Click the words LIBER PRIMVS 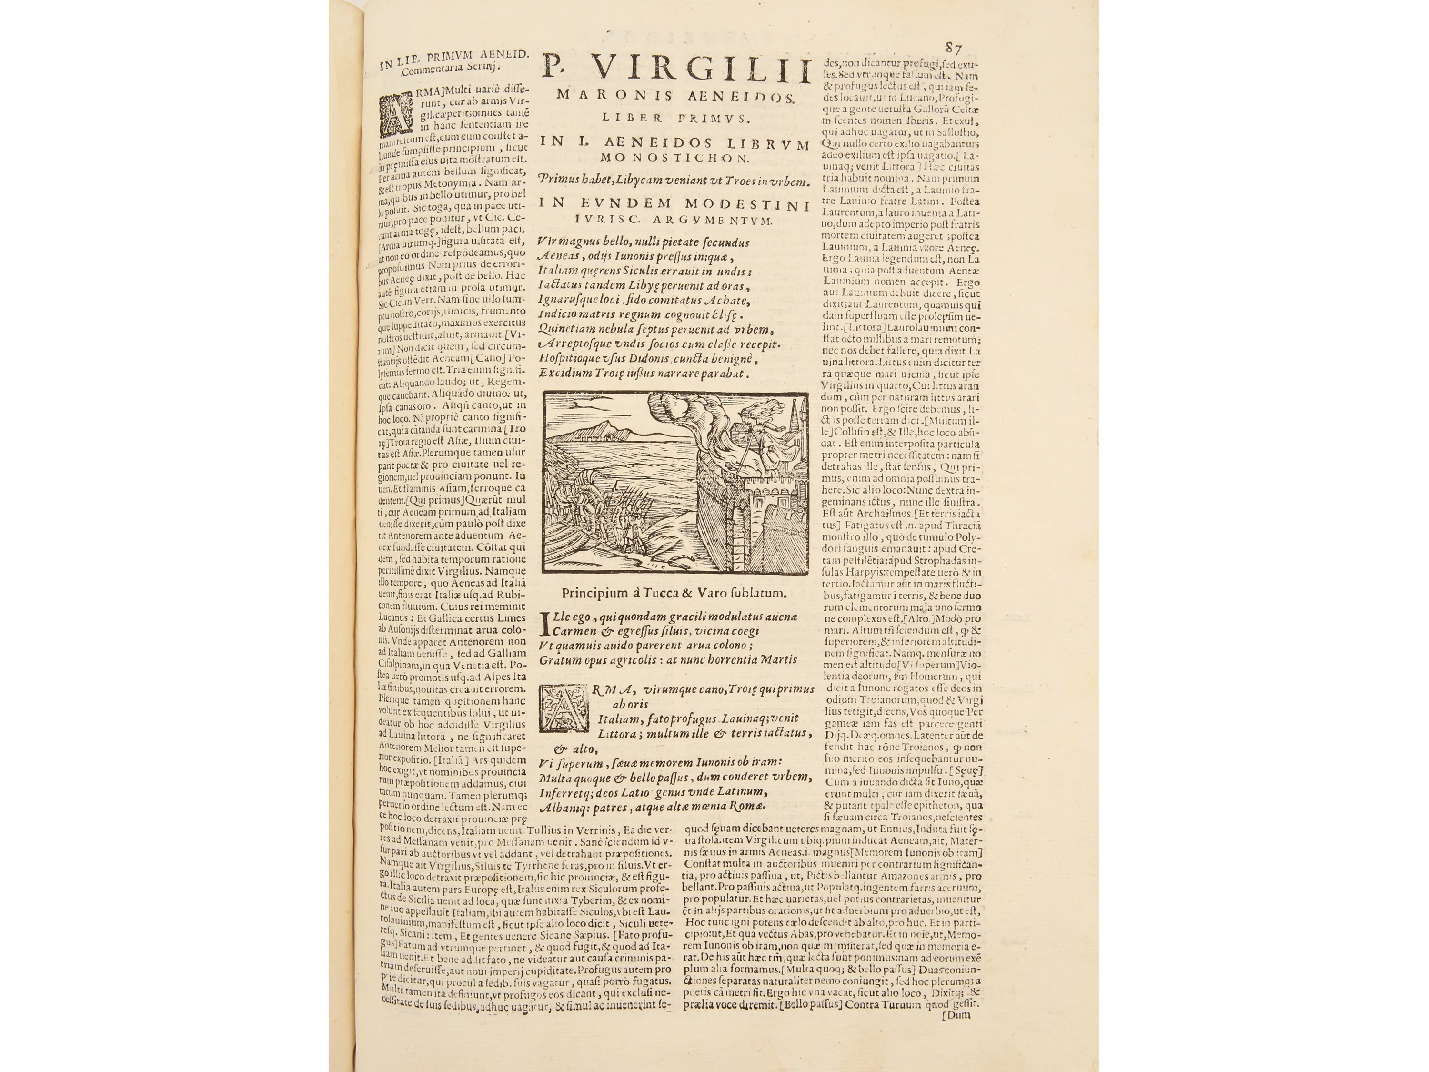coord(674,118)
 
